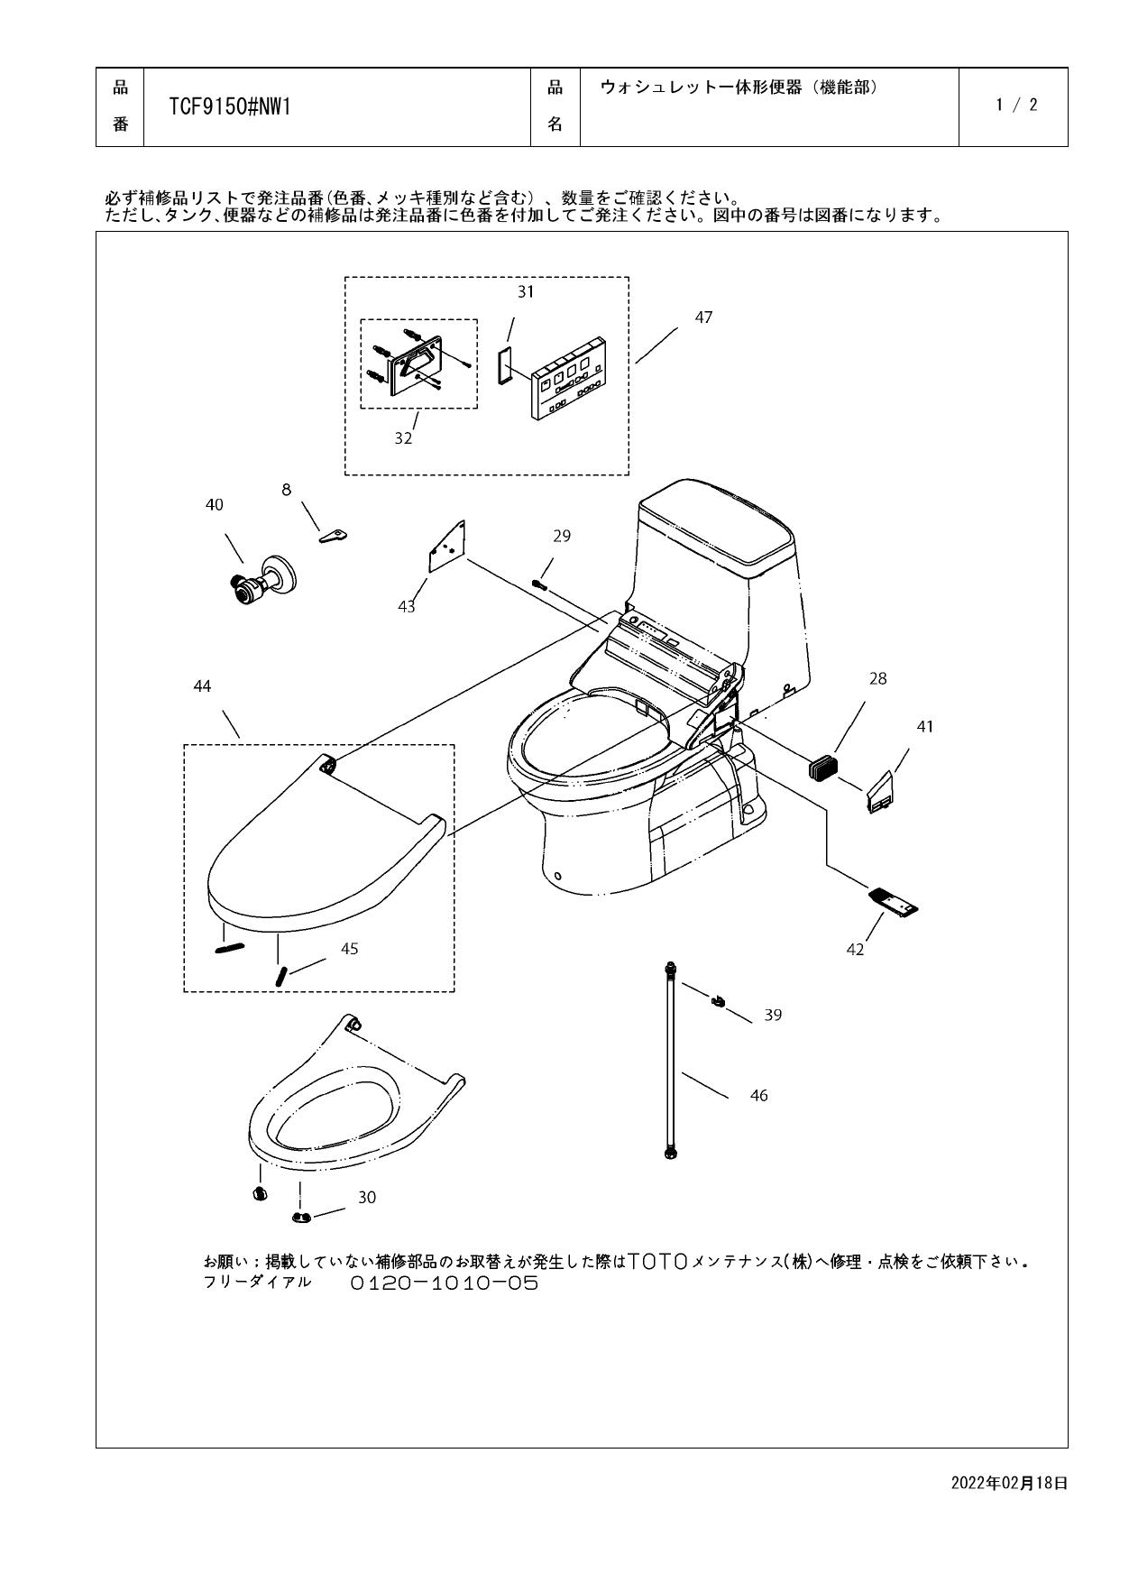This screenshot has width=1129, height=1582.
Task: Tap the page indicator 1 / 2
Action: [1016, 105]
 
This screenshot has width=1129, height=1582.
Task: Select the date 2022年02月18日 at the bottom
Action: [1009, 1482]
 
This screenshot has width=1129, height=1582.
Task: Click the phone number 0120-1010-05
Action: [444, 1283]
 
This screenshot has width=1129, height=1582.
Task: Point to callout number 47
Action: [703, 317]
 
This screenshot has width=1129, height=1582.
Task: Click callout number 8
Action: [287, 490]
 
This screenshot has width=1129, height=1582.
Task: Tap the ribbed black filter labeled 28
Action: [822, 768]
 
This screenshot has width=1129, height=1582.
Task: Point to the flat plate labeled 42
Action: [893, 902]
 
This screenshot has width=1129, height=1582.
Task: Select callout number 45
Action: [349, 949]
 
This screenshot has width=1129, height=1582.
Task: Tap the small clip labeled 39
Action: [719, 1000]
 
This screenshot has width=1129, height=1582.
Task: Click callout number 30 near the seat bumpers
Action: [367, 1197]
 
